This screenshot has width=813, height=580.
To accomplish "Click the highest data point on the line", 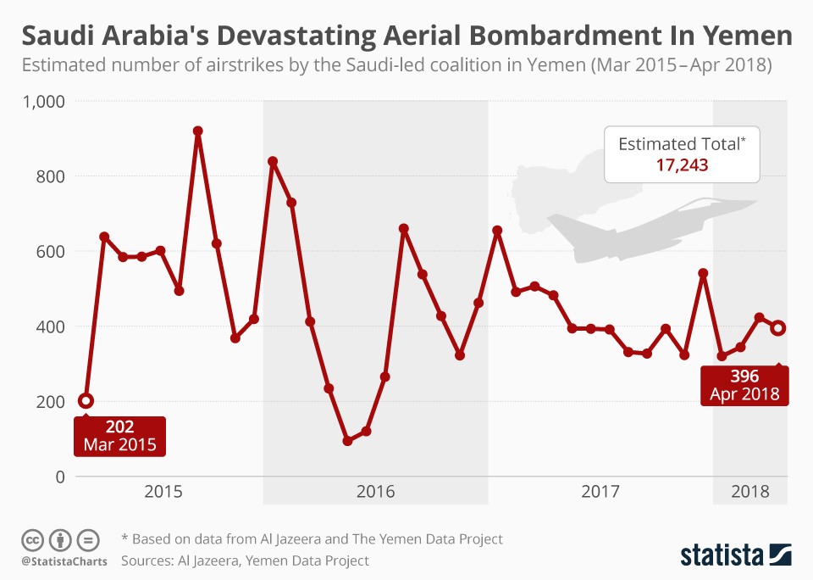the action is (x=197, y=131).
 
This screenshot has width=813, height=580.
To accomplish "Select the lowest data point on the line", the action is (x=347, y=441).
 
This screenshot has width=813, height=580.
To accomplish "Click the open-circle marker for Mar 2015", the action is (x=86, y=400).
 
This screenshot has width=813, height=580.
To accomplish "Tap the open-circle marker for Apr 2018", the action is (x=777, y=327).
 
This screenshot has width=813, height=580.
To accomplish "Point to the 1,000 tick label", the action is (x=43, y=101).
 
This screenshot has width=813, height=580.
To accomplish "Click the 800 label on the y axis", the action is (x=50, y=176).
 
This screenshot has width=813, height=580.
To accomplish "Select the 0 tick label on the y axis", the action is (x=60, y=477).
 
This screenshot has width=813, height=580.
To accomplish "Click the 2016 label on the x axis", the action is (x=375, y=491).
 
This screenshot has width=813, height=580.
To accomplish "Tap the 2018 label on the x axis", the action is (x=750, y=491).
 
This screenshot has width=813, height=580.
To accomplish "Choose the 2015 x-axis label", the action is (x=163, y=491).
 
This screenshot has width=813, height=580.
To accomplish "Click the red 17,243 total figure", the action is (x=682, y=165).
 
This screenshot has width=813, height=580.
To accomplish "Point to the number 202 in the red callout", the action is (x=119, y=427).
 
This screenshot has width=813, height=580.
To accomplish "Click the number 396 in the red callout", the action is (x=744, y=376).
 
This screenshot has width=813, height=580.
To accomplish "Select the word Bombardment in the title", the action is (x=555, y=36).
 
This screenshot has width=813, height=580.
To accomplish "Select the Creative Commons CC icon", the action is (x=32, y=540).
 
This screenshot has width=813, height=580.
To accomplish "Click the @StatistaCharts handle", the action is (x=64, y=562).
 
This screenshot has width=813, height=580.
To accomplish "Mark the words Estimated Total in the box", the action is (x=679, y=144).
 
